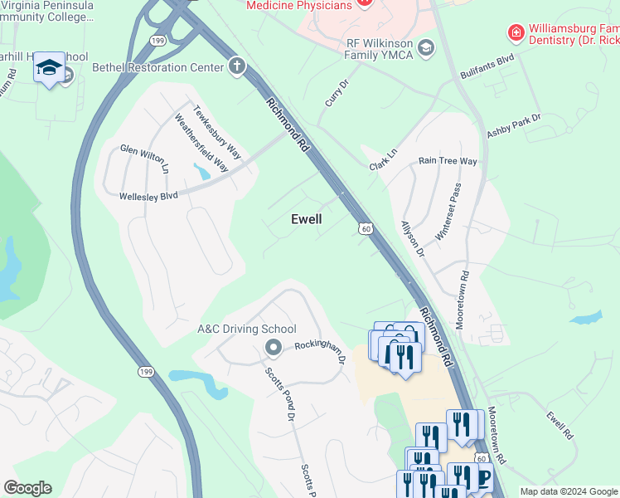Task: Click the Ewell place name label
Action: click(x=306, y=219)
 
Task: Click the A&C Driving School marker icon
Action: click(x=270, y=347)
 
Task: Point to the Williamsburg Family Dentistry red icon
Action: click(x=516, y=33)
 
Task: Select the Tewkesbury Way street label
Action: click(x=217, y=131)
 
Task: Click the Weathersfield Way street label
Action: click(x=201, y=142)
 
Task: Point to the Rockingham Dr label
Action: click(x=320, y=351)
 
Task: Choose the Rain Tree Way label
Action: click(x=448, y=161)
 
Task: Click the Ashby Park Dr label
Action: click(x=514, y=130)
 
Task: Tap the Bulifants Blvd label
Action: click(x=487, y=67)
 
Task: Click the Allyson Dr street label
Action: click(x=412, y=238)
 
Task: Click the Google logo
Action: click(x=27, y=488)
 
